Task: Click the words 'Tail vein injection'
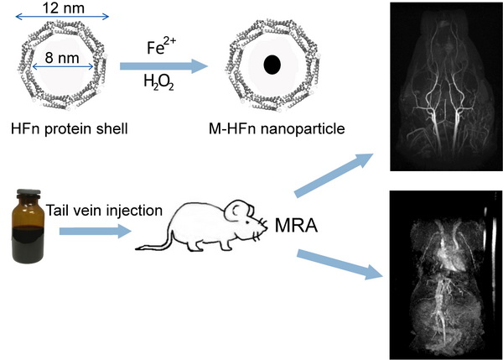(x=108, y=210)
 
